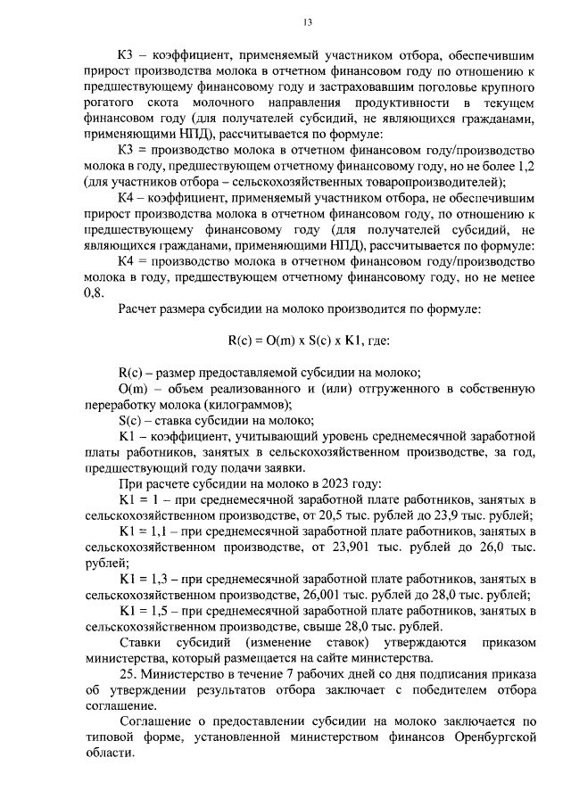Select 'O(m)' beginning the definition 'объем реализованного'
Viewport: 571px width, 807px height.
(x=137, y=389)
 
